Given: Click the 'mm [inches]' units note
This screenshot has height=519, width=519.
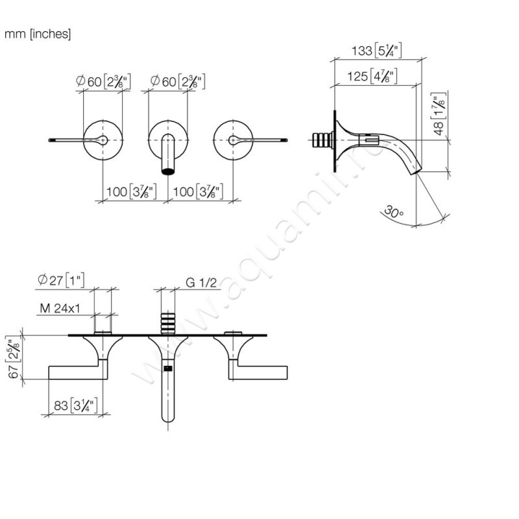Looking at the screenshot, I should pos(38,34).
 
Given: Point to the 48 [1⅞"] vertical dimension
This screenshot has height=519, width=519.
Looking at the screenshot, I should pos(440,116).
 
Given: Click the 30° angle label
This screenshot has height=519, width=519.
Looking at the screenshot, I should pos(393,212).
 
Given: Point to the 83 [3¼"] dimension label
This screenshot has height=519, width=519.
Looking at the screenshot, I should pos(73,407).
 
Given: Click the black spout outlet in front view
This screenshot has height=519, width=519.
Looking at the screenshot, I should pos(168,171).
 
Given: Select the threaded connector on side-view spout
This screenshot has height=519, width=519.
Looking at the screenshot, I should pos(323,140).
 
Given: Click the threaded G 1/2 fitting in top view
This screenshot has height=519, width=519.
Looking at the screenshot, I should pos(168,322).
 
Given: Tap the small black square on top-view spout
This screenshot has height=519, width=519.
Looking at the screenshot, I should pos(168,369).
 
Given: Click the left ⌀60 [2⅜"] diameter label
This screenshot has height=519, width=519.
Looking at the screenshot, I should pos(104,82).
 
